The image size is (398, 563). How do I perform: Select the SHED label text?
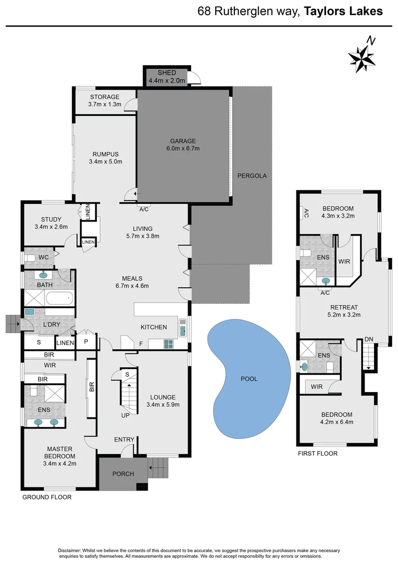(x=167, y=73)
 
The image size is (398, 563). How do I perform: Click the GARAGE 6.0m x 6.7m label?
(x=182, y=144)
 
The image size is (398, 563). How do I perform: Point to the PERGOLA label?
(x=252, y=176)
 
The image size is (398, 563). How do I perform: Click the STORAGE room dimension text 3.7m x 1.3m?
(x=105, y=104)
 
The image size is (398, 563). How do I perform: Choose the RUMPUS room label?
(x=106, y=154)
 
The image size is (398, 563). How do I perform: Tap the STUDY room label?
(x=51, y=219)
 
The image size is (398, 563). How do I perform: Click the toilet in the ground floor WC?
(x=31, y=258)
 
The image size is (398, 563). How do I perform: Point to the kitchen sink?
(x=183, y=328)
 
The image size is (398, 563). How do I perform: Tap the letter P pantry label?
(x=86, y=342)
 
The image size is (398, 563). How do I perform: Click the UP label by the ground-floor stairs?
(x=125, y=416)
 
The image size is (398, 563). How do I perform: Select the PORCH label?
(x=123, y=474)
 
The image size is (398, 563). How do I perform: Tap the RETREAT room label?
(x=344, y=307)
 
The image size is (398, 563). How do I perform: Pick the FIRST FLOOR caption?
(x=318, y=454)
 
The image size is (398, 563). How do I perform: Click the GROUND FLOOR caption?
(x=47, y=497)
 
